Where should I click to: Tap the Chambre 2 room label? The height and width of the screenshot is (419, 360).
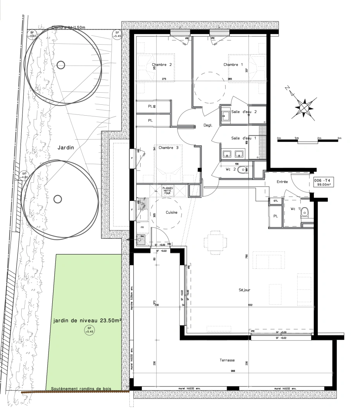pyautogui.click(x=162, y=65)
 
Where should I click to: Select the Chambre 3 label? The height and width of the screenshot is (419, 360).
pyautogui.click(x=169, y=147)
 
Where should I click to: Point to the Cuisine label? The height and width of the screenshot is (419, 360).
pyautogui.click(x=172, y=212)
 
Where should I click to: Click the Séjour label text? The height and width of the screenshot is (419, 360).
pyautogui.click(x=245, y=290)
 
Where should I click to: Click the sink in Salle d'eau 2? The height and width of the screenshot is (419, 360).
pyautogui.click(x=226, y=114)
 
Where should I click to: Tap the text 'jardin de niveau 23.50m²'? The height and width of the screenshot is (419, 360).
pyautogui.click(x=87, y=321)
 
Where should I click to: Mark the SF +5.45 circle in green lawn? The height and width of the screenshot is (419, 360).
pyautogui.click(x=90, y=331)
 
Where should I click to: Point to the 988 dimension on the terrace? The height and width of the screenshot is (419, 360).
pyautogui.click(x=233, y=371)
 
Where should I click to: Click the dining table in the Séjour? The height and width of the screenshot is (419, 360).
pyautogui.click(x=214, y=241)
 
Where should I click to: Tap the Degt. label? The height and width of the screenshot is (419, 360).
pyautogui.click(x=209, y=125)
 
